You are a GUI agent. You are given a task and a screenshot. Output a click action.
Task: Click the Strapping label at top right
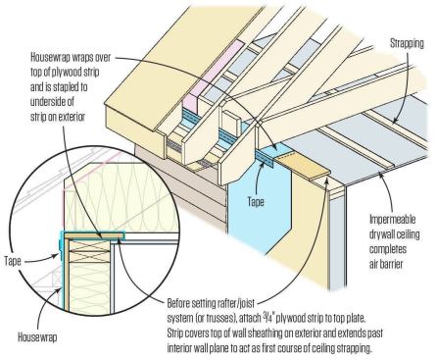[407, 43]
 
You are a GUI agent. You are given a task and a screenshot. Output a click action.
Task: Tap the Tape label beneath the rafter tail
[256, 202]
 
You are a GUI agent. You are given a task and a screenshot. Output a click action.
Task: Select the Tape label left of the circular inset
[13, 261]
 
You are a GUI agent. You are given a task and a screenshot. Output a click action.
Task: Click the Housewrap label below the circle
[37, 336]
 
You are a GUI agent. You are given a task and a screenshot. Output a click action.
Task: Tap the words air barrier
[386, 264]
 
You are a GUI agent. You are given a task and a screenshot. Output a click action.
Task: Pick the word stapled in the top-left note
[66, 87]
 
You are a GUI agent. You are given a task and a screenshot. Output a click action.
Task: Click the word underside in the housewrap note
[52, 102]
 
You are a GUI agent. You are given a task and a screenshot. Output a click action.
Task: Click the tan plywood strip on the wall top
[302, 168]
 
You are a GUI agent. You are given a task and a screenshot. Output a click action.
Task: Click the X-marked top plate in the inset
[89, 251]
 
